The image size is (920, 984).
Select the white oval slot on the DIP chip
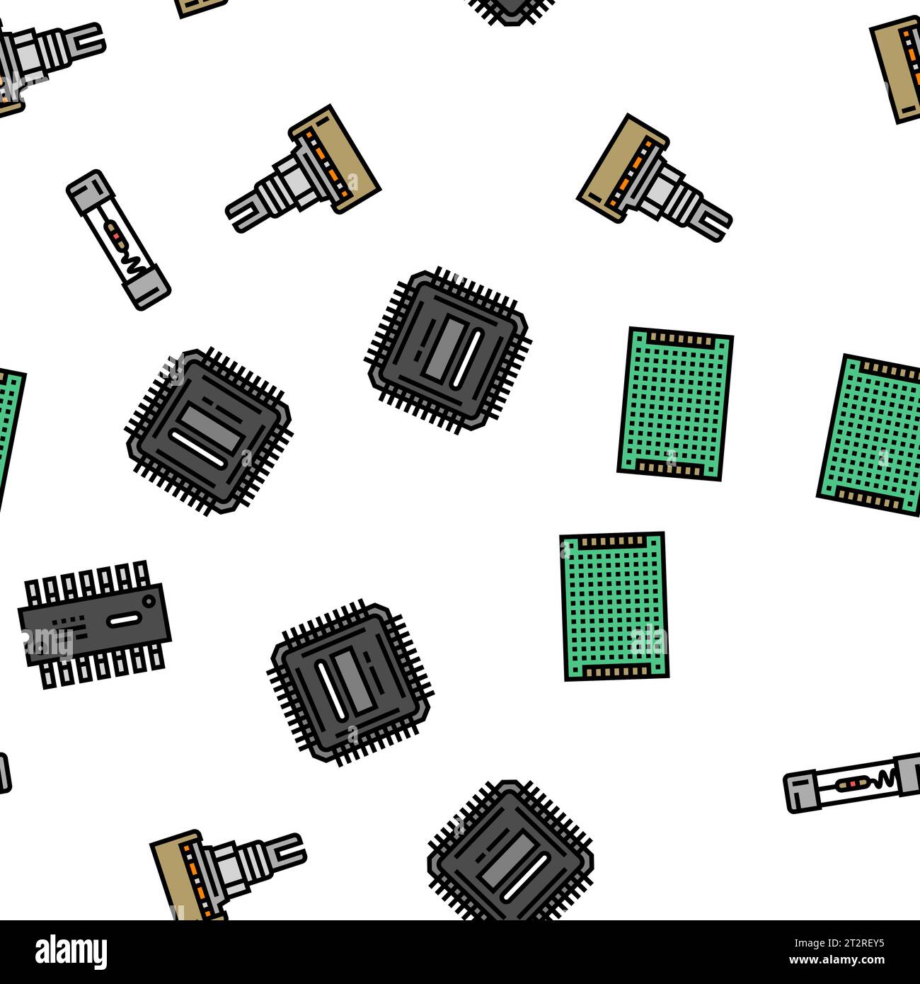pyautogui.click(x=122, y=620)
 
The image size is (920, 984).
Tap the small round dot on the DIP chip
pyautogui.click(x=149, y=600)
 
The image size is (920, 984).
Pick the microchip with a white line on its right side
pyautogui.click(x=449, y=350)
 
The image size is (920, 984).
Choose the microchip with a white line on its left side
pyautogui.click(x=351, y=683)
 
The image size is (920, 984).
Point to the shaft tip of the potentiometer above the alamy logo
pyautogui.click(x=291, y=845)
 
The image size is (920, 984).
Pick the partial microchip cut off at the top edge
pyautogui.click(x=510, y=8)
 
